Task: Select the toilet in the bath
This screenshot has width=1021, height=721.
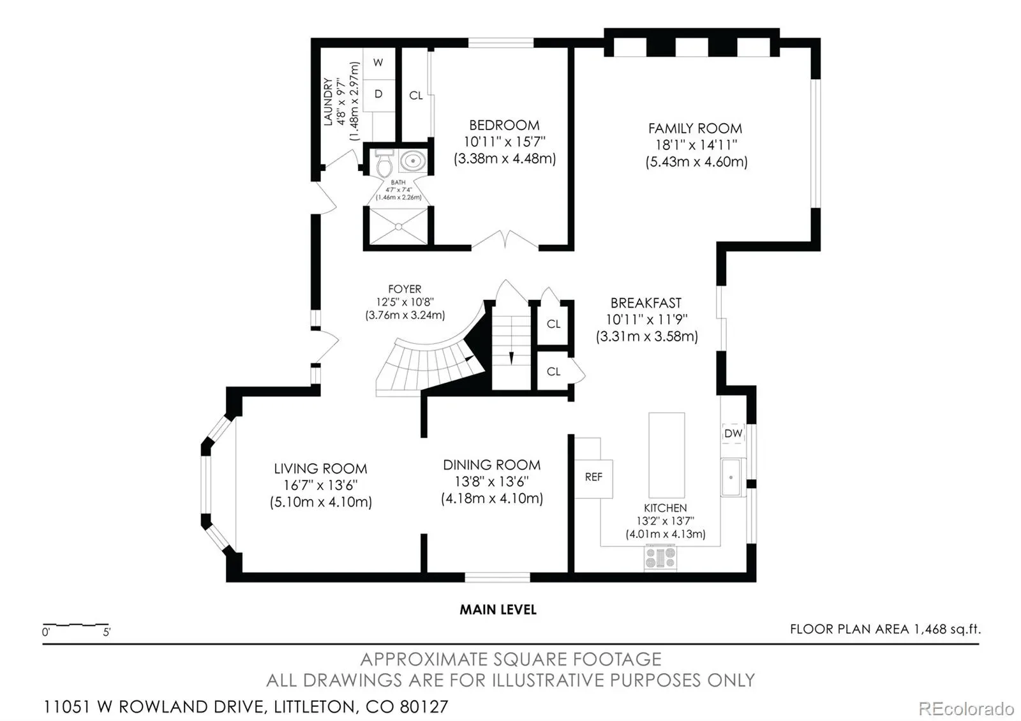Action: click(385, 163)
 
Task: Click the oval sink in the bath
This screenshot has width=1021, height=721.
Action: click(414, 161)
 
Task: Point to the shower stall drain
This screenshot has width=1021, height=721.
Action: click(398, 226)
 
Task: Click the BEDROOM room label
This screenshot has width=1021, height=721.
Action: click(504, 125)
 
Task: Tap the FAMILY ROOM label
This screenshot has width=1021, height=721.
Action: click(695, 128)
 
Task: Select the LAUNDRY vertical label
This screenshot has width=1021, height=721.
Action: click(328, 101)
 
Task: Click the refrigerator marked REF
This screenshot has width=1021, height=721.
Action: click(593, 479)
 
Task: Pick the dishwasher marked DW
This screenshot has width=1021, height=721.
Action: click(733, 433)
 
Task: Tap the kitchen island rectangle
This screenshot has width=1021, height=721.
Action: click(666, 455)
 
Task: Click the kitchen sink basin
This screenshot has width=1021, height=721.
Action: click(731, 477)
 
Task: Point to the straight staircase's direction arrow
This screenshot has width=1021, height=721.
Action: click(511, 358)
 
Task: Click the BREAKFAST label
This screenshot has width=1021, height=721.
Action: click(646, 303)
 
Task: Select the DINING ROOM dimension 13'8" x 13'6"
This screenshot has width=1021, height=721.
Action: click(491, 482)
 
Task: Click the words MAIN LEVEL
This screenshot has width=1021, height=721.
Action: click(498, 610)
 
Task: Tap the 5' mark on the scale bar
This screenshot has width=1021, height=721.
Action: click(107, 632)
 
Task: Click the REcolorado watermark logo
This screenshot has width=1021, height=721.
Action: click(966, 709)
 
